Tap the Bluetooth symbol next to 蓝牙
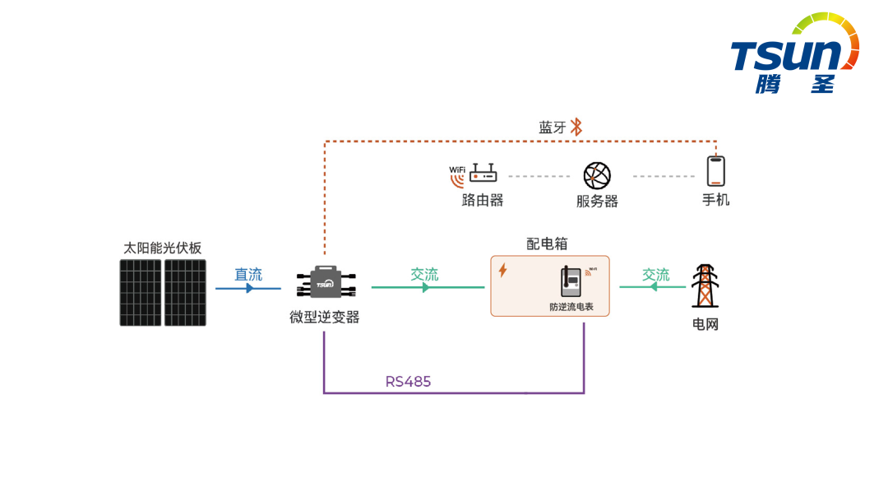tap(576, 127)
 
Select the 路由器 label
tap(483, 200)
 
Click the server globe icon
tap(597, 175)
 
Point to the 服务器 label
tap(597, 201)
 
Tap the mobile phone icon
tap(715, 171)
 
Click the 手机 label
tap(715, 200)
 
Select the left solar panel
tap(141, 292)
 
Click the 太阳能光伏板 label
tap(163, 248)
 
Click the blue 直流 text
tap(248, 274)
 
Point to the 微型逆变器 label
tap(325, 318)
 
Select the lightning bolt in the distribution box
tap(502, 270)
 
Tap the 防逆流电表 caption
tap(571, 307)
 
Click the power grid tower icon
tap(704, 286)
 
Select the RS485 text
tap(408, 382)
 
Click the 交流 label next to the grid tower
tap(656, 274)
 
